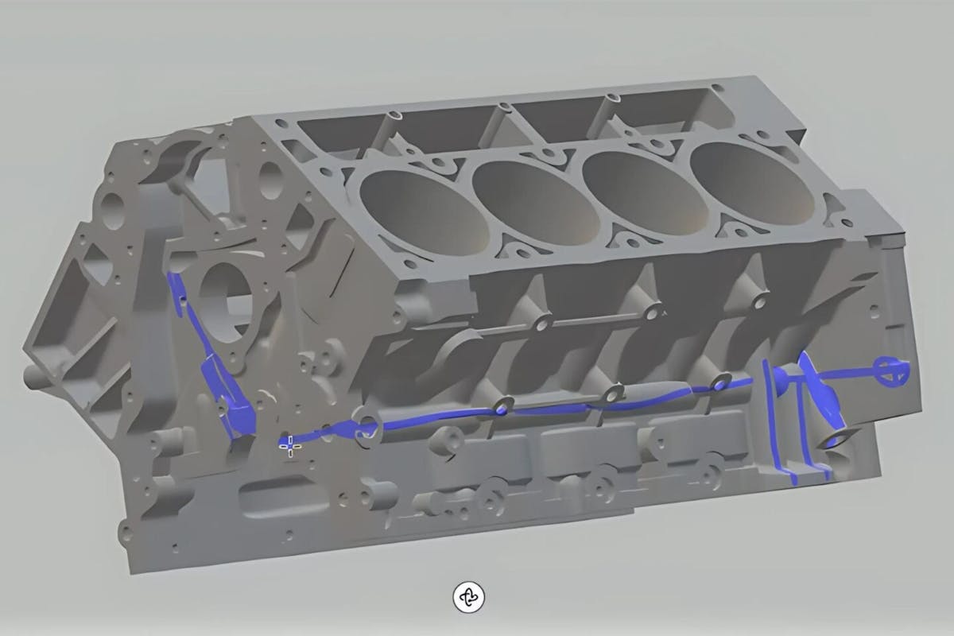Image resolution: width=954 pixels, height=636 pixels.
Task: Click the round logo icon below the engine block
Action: tap(469, 596)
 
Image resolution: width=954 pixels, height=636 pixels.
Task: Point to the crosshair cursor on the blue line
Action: tap(291, 446)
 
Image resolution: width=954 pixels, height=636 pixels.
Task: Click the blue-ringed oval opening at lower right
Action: tap(839, 439)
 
